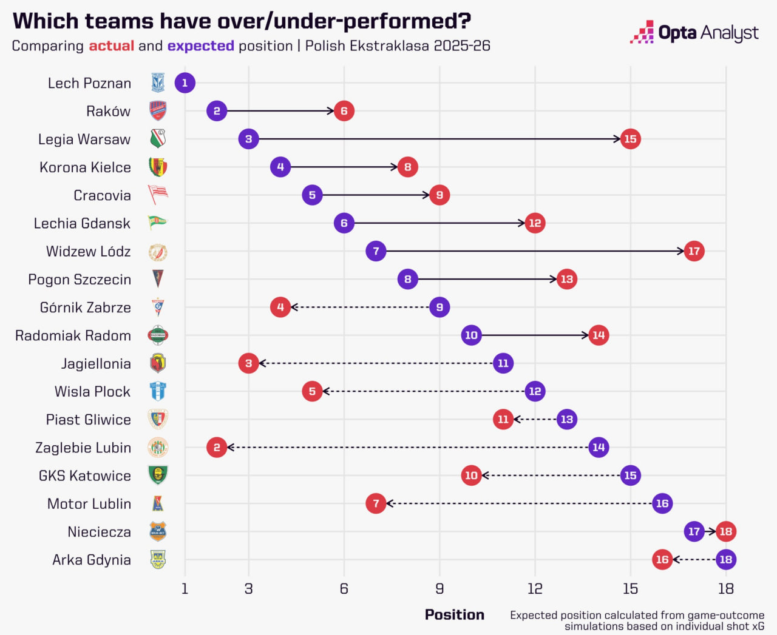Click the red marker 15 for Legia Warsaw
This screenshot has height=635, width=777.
click(631, 139)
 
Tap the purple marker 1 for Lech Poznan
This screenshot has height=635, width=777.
click(185, 82)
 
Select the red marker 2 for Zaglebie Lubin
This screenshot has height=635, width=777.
click(217, 448)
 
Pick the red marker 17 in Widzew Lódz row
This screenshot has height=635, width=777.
click(694, 251)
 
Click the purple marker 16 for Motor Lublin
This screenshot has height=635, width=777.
click(662, 503)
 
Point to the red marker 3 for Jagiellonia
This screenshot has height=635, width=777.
click(249, 363)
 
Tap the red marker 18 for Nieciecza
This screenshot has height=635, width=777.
click(726, 531)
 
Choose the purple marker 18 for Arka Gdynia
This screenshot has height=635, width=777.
click(726, 559)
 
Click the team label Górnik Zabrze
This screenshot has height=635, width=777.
click(86, 307)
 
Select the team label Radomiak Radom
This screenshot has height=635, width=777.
click(73, 335)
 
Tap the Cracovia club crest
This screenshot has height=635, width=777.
click(158, 195)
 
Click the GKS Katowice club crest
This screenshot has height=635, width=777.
click(158, 475)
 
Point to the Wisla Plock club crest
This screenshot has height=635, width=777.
click(158, 391)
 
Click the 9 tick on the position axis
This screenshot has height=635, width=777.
click(439, 588)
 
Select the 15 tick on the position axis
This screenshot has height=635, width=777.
click(631, 588)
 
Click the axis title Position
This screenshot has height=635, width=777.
click(454, 614)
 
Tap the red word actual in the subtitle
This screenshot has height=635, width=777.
click(112, 46)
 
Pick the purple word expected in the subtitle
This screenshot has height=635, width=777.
click(200, 46)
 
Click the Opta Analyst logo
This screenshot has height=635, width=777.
click(694, 33)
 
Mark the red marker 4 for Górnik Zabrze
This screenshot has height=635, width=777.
click(280, 307)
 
